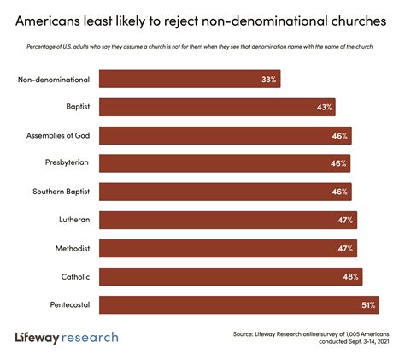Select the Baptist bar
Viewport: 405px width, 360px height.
coord(217,108)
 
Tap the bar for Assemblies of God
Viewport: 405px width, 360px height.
coord(226,136)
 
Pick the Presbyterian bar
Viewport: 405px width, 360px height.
coord(226,163)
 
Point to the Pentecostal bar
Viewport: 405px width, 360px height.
coord(238,304)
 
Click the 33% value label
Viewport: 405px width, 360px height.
coord(268,80)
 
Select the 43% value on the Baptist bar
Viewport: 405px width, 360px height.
coord(324,108)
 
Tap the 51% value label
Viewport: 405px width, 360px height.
coord(367,304)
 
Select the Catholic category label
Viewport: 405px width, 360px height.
coord(73,276)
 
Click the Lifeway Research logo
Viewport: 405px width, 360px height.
coord(67,337)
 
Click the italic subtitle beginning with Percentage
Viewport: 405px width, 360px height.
coord(202,48)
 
